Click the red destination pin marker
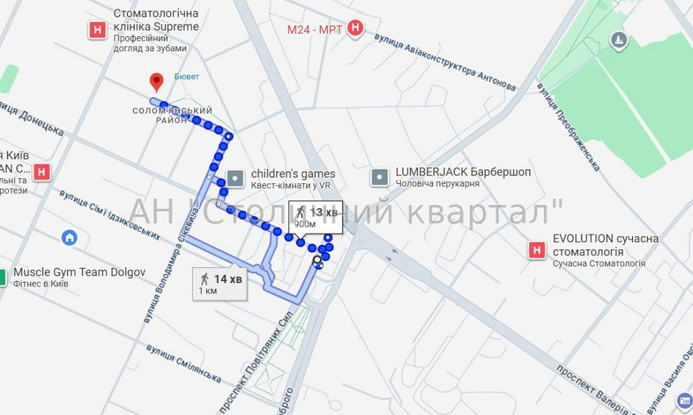tap(157, 82)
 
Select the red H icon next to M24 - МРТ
tap(356, 28)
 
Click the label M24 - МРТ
tap(315, 29)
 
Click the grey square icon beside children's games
tap(236, 178)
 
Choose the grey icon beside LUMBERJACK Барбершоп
tap(380, 178)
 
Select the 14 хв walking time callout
tap(220, 284)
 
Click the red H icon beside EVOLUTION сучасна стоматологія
tap(537, 250)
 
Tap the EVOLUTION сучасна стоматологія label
tap(605, 245)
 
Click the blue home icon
tap(69, 238)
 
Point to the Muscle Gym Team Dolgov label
tap(80, 272)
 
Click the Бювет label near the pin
tap(186, 76)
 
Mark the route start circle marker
tap(317, 261)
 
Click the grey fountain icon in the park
tap(619, 41)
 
